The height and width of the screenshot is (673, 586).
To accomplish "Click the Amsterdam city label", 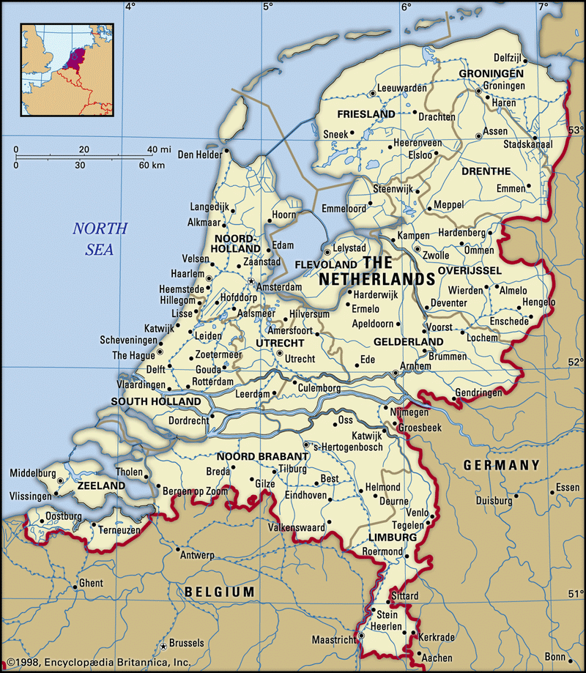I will [278, 288].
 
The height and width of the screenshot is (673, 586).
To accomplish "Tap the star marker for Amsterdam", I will [251, 281].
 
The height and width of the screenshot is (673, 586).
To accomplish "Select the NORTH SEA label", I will [99, 239].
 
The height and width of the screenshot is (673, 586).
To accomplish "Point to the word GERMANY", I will [501, 465].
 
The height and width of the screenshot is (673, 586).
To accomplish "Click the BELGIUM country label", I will [220, 592].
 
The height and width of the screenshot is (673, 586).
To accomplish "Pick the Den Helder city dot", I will [228, 151].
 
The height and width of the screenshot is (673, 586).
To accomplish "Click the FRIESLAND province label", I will [366, 114].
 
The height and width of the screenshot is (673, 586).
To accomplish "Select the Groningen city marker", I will [478, 92].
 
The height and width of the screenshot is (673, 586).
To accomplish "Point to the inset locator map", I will [67, 70].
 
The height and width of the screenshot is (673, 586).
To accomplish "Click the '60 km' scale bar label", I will [152, 165].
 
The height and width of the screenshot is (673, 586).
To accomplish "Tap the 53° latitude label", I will [575, 130].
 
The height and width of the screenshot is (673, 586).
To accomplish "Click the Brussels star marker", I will [163, 647].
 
